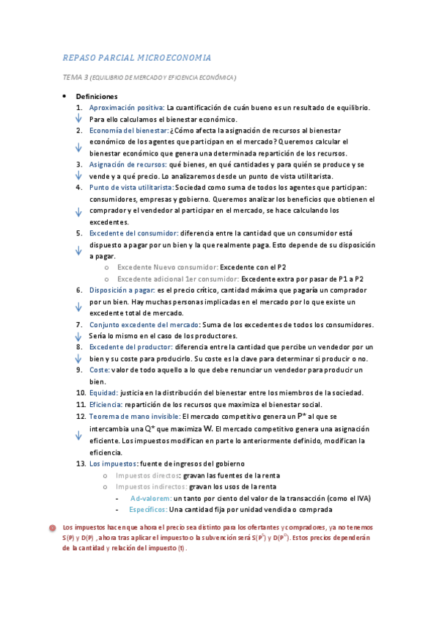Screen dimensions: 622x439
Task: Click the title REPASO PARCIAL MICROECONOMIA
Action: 138,57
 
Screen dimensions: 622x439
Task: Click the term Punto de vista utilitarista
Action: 132,188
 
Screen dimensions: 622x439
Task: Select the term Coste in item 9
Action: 100,370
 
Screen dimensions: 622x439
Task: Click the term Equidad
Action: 103,393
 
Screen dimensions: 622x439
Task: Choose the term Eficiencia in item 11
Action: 106,404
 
